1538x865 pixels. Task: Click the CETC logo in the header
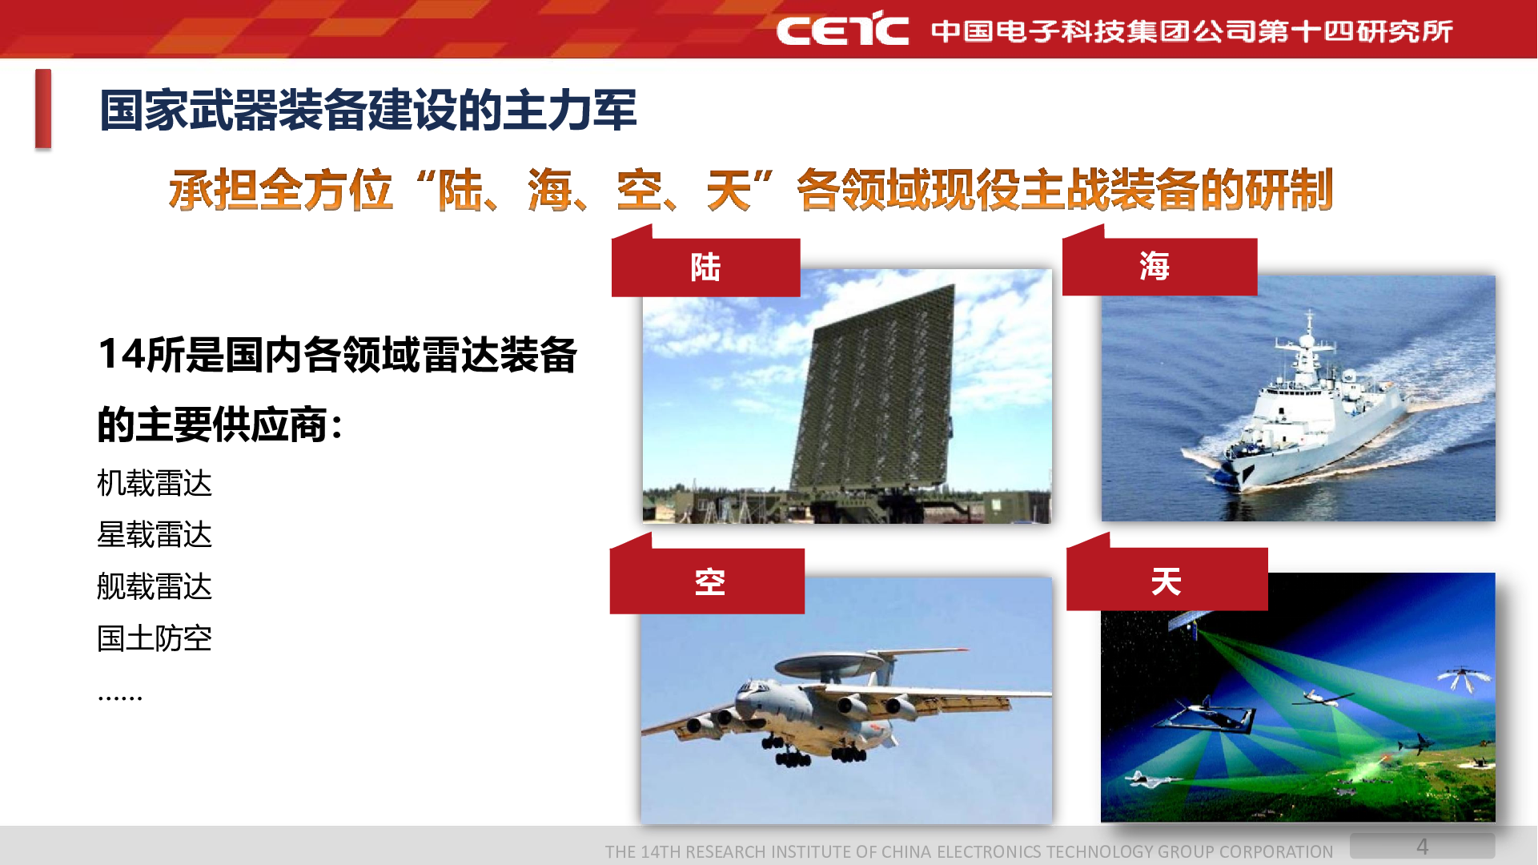point(842,29)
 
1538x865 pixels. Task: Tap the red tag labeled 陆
point(705,267)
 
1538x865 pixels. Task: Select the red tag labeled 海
point(1159,266)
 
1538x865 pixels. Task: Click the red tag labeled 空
point(707,581)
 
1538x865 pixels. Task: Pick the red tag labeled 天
point(1167,580)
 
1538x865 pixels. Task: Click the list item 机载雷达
point(155,484)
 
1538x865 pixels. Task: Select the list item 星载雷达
point(155,535)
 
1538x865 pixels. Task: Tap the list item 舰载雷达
point(155,587)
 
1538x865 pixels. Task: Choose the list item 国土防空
point(155,638)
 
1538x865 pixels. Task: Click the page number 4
point(1423,847)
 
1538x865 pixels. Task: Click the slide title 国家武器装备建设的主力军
point(368,111)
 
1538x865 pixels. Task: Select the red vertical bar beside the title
point(43,109)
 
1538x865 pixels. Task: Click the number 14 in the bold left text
point(122,355)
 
